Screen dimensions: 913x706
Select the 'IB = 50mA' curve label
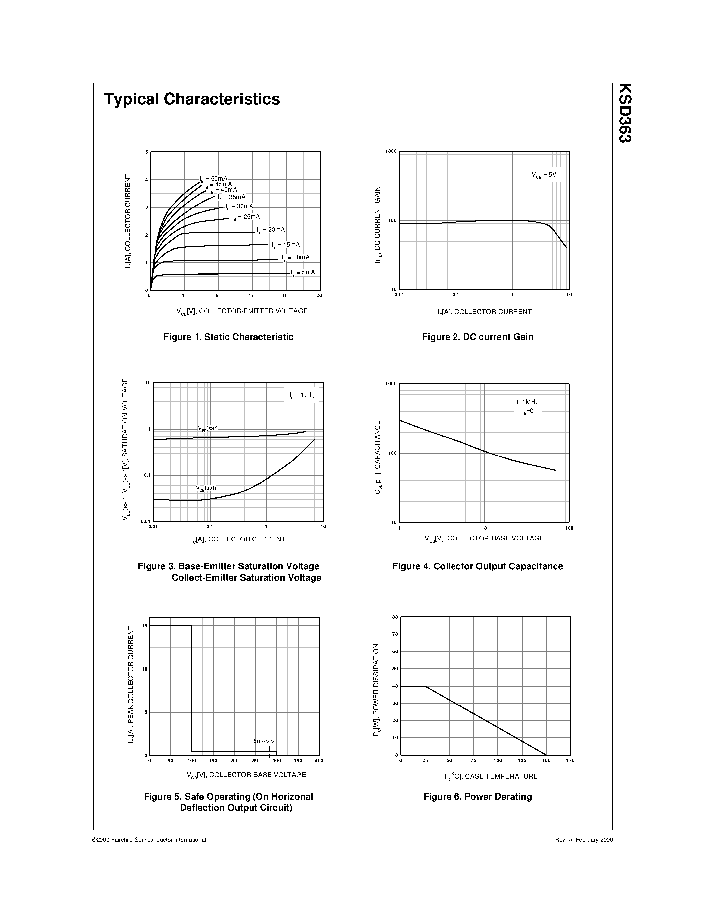point(214,179)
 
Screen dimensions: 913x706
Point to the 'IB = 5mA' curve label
point(303,273)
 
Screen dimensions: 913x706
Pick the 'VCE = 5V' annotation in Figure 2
point(544,175)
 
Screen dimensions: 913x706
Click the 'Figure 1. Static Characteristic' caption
point(228,337)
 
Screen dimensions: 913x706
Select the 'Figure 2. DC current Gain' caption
point(477,337)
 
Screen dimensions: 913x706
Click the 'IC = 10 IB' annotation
point(302,395)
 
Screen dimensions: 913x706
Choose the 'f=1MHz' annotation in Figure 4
point(527,402)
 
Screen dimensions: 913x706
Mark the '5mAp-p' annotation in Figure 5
point(263,741)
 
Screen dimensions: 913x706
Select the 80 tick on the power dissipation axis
point(395,617)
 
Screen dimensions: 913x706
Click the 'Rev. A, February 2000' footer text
point(584,839)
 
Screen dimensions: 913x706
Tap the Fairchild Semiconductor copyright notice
point(149,839)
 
